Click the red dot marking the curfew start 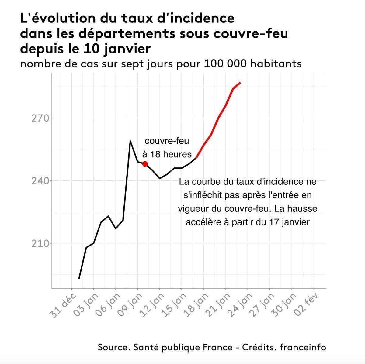pyautogui.click(x=145, y=164)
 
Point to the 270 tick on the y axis pyautogui.click(x=40, y=118)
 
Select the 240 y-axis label pyautogui.click(x=40, y=181)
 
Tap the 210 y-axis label pyautogui.click(x=40, y=243)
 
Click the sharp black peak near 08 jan pyautogui.click(x=130, y=141)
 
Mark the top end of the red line pyautogui.click(x=240, y=83)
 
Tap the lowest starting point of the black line pyautogui.click(x=79, y=278)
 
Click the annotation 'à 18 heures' pyautogui.click(x=167, y=154)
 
